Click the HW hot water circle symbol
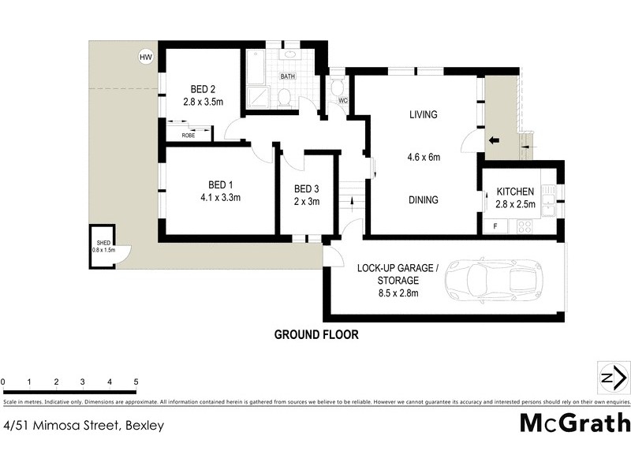pos(145,56)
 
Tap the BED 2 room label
pos(203,88)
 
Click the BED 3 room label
pos(307,188)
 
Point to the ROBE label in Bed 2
pos(189,136)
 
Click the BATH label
pos(288,76)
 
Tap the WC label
pos(343,101)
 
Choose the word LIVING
pos(423,115)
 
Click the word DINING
pos(423,200)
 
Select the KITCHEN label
pos(515,192)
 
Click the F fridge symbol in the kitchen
pos(495,227)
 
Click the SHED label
pos(103,243)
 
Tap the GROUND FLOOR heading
pos(316,334)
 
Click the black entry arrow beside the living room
pos(495,142)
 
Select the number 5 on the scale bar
pos(136,382)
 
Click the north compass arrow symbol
pos(611,378)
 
